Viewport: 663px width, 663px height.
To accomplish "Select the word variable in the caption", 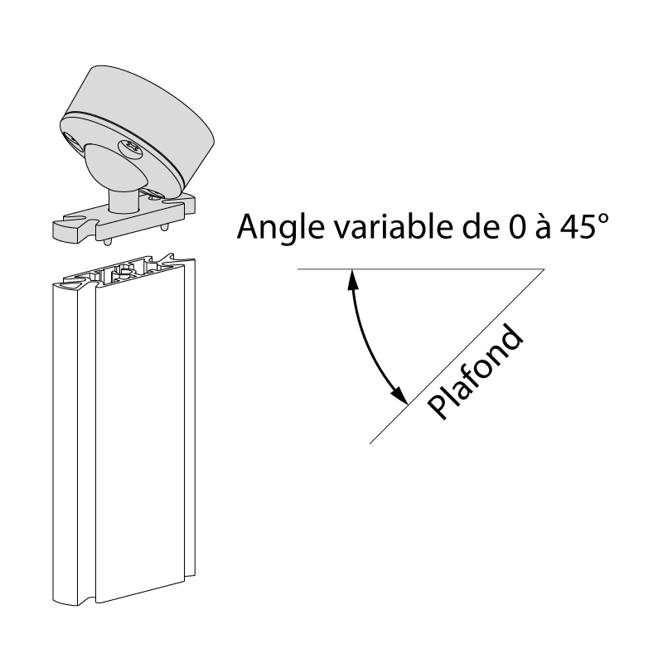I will [372, 225].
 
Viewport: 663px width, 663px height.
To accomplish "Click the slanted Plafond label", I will [476, 373].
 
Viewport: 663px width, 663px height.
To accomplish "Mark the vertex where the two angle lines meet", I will [544, 269].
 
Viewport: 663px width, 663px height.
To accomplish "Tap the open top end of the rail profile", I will [124, 272].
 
